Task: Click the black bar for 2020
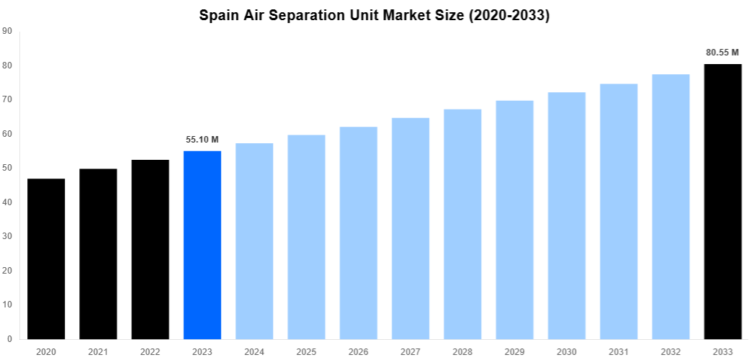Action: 46,258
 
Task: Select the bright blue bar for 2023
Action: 202,245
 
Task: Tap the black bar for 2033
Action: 722,202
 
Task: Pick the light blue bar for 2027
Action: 411,228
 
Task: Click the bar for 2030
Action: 567,215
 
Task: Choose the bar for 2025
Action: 306,237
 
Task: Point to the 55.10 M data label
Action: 202,139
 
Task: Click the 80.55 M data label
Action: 722,53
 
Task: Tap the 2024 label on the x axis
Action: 254,351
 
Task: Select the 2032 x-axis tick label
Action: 670,351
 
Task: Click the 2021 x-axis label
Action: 98,351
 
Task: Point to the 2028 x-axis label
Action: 462,351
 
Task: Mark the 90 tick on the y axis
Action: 7,31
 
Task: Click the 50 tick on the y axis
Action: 7,168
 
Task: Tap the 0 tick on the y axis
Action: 9,338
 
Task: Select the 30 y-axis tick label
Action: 7,236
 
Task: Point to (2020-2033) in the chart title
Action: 508,15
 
